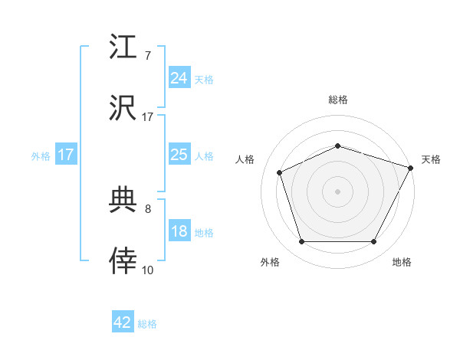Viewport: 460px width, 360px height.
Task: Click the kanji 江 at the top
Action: pyautogui.click(x=123, y=47)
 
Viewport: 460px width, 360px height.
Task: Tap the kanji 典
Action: pyautogui.click(x=123, y=201)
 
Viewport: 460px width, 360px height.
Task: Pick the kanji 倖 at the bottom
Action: pyautogui.click(x=123, y=262)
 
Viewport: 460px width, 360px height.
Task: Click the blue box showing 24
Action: pyautogui.click(x=179, y=77)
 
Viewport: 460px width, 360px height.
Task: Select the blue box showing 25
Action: pyautogui.click(x=179, y=155)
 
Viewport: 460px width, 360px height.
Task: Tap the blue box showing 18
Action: pyautogui.click(x=179, y=231)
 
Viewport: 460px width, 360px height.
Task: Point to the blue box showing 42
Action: pyautogui.click(x=123, y=322)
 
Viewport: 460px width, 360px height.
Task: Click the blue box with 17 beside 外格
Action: pyautogui.click(x=66, y=155)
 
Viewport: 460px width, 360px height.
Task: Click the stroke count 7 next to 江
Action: pyautogui.click(x=148, y=55)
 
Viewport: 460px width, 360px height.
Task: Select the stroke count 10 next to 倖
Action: pyautogui.click(x=148, y=270)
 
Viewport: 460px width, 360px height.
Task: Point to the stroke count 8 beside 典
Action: pyautogui.click(x=148, y=208)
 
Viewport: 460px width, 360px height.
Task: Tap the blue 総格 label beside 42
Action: pyautogui.click(x=147, y=324)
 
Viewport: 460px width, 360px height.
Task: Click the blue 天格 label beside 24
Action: pyautogui.click(x=204, y=79)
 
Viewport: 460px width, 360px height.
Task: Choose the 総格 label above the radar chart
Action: pyautogui.click(x=337, y=100)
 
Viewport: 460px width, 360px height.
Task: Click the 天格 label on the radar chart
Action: pyautogui.click(x=432, y=159)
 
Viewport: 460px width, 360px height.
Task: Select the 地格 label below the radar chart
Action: pyautogui.click(x=402, y=263)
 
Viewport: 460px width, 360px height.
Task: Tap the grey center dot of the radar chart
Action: pyautogui.click(x=337, y=191)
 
